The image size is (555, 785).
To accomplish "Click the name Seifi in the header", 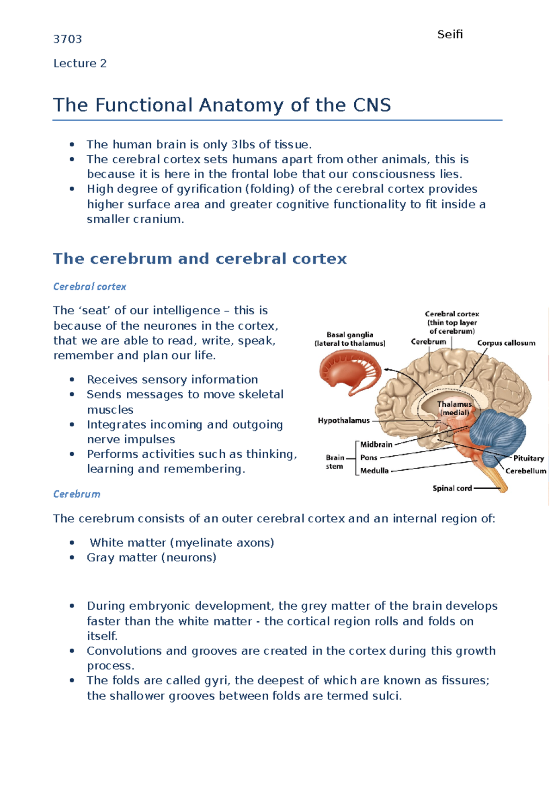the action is [x=450, y=35].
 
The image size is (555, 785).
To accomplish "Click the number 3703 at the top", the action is [x=68, y=39].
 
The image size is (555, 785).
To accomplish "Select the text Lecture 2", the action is [x=80, y=63].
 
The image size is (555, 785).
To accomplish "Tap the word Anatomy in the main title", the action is [x=242, y=105].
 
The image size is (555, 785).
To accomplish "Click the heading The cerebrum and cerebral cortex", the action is [x=200, y=258].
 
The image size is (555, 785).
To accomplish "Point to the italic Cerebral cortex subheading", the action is [x=90, y=287].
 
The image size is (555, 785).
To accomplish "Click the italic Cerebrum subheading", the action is [x=77, y=494].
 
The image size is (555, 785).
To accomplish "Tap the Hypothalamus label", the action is [x=344, y=421].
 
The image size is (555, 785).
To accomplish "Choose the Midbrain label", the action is [x=376, y=445].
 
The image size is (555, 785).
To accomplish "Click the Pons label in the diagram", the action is [x=369, y=458].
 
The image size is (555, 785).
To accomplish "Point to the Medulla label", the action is [x=374, y=471].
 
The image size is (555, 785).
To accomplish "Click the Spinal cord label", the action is [x=452, y=488].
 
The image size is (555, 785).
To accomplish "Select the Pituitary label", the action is [x=529, y=458].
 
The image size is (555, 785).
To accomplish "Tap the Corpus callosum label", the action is [x=506, y=343].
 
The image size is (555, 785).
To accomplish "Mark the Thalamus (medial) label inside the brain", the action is [x=454, y=408].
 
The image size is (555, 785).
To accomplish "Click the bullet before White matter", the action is [x=72, y=543].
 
